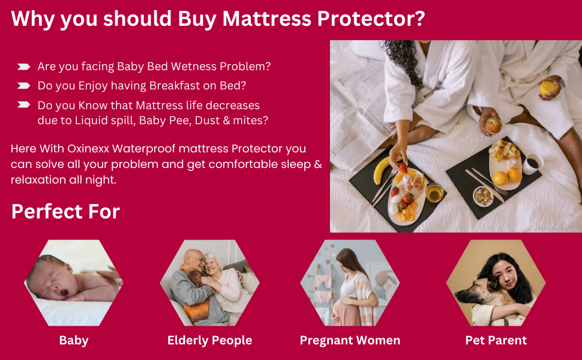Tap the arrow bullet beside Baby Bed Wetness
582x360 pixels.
(x=24, y=66)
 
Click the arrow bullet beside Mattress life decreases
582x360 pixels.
(x=24, y=104)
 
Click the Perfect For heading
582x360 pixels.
(x=65, y=212)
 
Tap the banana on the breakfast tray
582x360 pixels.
(x=382, y=172)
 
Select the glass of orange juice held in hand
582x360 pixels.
(x=548, y=88)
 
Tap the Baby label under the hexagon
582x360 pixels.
(x=74, y=340)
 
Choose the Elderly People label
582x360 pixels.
(x=209, y=340)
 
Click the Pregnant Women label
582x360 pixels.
(x=350, y=340)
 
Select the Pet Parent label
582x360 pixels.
(x=496, y=340)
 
